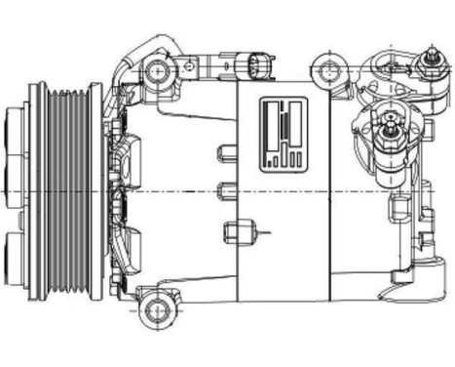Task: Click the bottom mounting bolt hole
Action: [x=155, y=311]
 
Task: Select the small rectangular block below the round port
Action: [x=399, y=208]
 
